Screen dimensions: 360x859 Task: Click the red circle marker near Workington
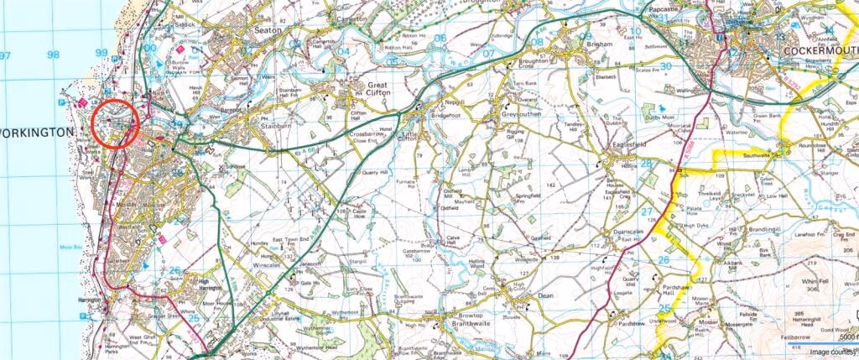point(116,123)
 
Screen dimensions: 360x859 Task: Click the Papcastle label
point(668,8)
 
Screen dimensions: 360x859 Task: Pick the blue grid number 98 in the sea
point(55,55)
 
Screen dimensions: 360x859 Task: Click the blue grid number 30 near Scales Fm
point(665,66)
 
